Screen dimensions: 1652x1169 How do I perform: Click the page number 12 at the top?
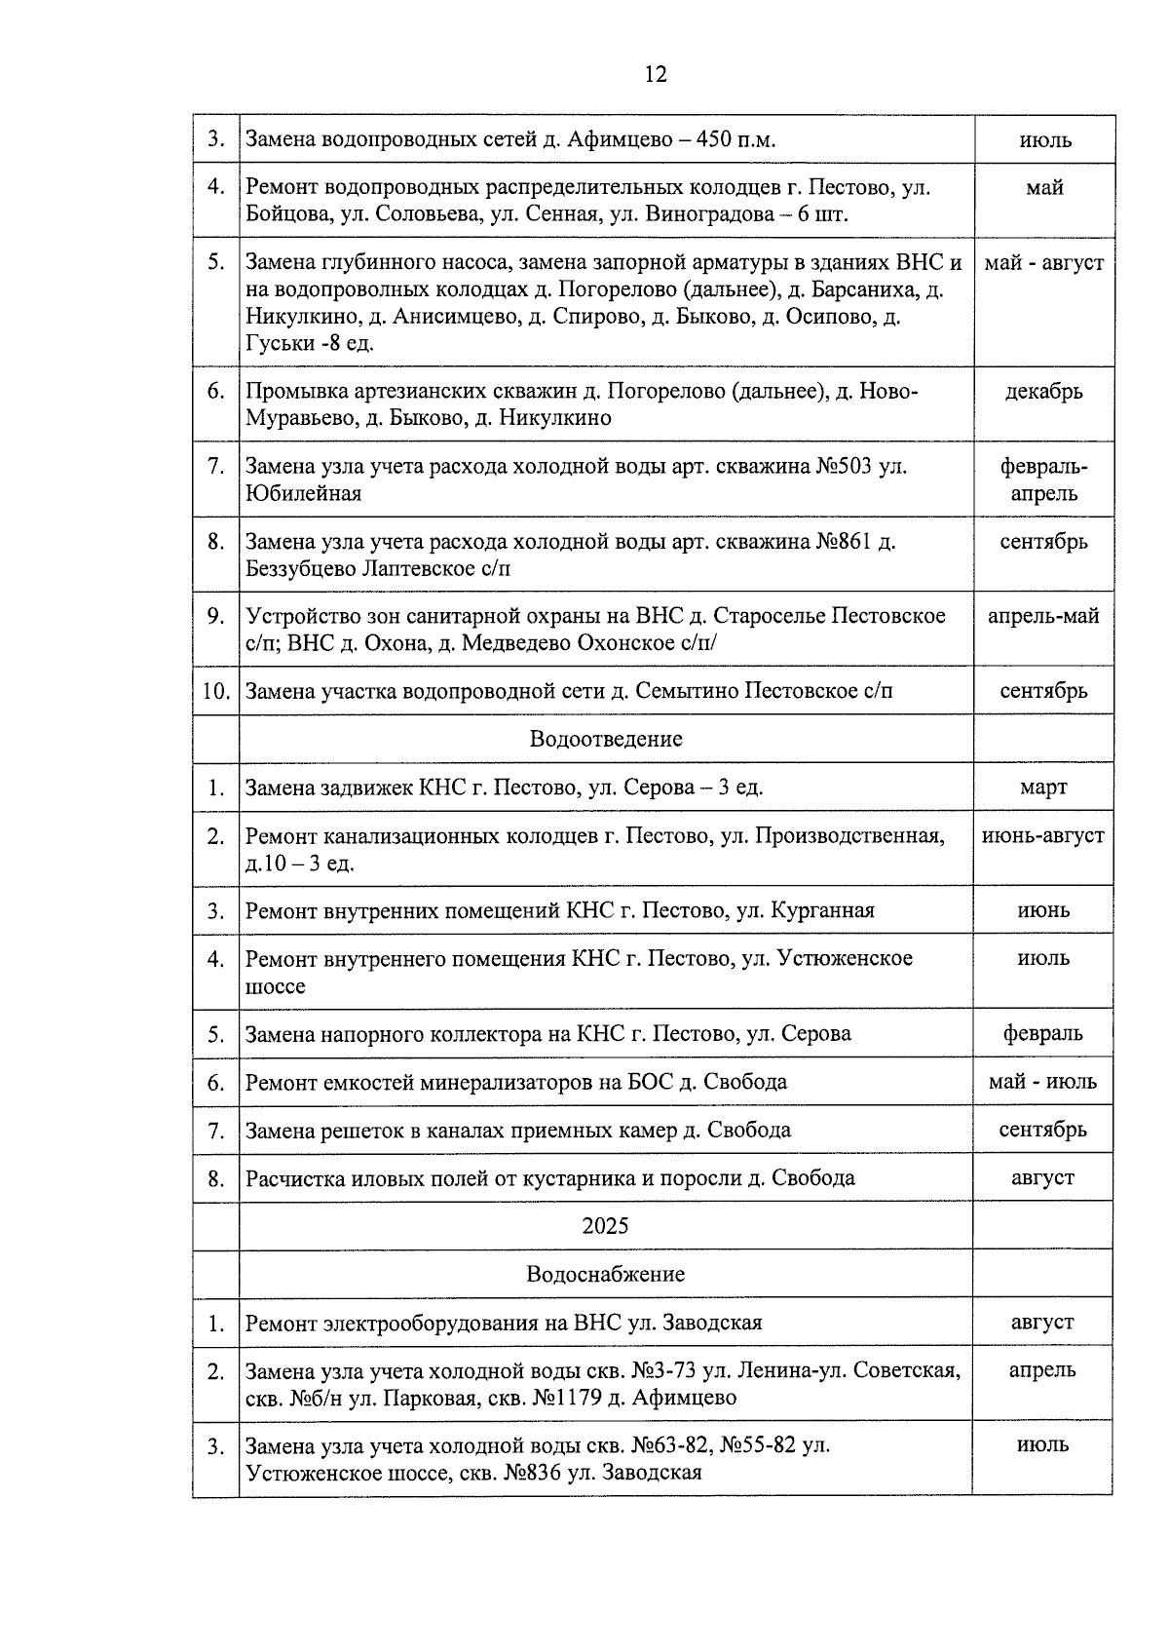(655, 75)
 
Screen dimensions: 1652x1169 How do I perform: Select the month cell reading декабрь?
(1043, 392)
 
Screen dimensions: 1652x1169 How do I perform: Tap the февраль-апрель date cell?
(1043, 480)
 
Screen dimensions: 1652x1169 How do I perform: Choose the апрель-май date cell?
(1043, 616)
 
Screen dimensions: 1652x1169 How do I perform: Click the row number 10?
(215, 691)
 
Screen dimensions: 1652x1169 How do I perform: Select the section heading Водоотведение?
(606, 739)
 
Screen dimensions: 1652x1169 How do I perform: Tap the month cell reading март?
(1043, 788)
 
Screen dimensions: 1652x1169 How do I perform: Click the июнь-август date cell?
(1043, 836)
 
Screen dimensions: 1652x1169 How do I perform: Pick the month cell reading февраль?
(1043, 1033)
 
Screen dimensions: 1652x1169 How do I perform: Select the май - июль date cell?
(1043, 1082)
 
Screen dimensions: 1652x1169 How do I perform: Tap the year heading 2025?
(606, 1226)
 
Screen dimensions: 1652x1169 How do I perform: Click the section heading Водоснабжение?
(606, 1274)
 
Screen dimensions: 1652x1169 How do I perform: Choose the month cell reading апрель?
(1043, 1370)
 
